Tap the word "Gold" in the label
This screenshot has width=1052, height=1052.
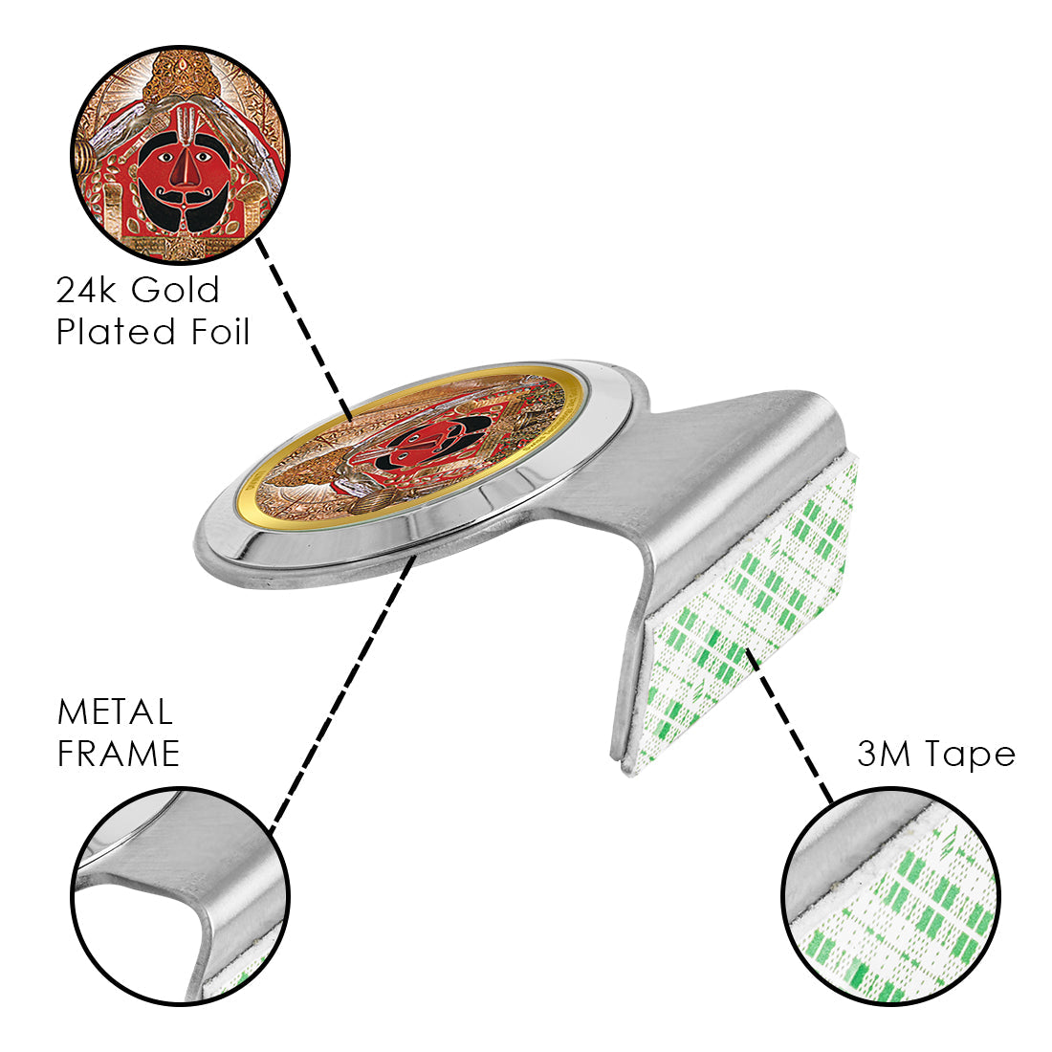point(176,290)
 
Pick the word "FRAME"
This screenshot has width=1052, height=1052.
point(119,755)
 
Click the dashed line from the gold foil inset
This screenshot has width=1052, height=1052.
point(306,325)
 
